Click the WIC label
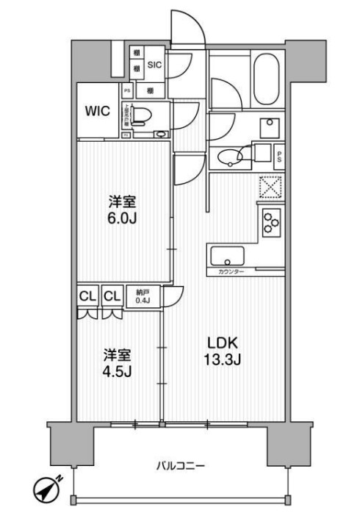(x=97, y=112)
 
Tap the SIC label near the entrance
(x=154, y=65)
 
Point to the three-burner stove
(x=270, y=220)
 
